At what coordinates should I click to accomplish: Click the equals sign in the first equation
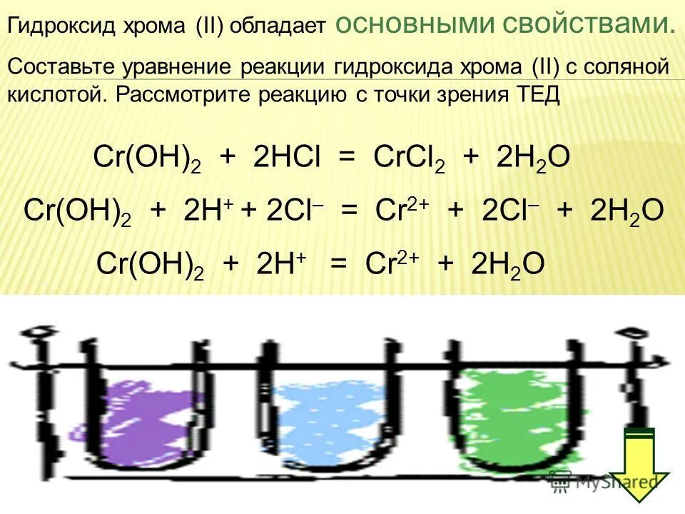[x=347, y=158]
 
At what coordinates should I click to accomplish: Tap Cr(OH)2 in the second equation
[x=77, y=212]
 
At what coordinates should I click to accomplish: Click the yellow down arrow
[x=639, y=464]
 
